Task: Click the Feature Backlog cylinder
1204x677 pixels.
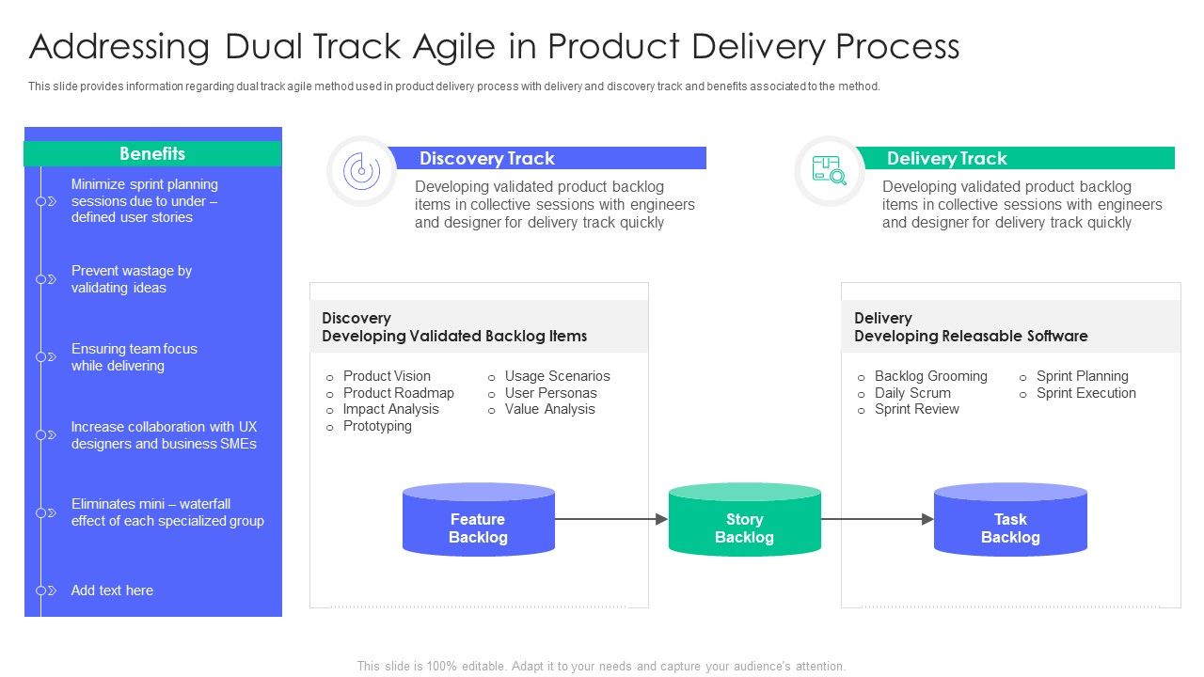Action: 478,527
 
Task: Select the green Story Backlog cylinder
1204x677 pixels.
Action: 744,527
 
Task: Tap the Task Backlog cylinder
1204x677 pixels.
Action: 1010,527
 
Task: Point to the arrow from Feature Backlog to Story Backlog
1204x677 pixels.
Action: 611,519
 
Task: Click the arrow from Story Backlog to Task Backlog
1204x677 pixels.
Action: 878,519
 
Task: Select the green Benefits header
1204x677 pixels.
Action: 152,153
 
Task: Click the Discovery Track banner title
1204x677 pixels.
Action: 487,158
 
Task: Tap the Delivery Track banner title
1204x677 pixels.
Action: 946,158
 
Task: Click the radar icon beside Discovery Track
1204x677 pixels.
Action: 361,171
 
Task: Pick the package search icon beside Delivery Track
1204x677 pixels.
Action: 829,170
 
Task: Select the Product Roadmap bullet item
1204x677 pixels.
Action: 398,393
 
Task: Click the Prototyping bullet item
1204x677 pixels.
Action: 377,426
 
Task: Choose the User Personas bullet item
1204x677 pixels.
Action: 550,393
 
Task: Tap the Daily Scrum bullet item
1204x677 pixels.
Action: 912,393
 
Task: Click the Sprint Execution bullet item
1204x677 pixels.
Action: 1085,393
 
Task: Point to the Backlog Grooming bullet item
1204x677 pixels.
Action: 930,376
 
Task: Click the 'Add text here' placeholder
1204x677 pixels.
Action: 112,590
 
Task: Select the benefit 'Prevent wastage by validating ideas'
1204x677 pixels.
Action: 132,279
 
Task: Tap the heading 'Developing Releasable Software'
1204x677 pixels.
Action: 971,336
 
